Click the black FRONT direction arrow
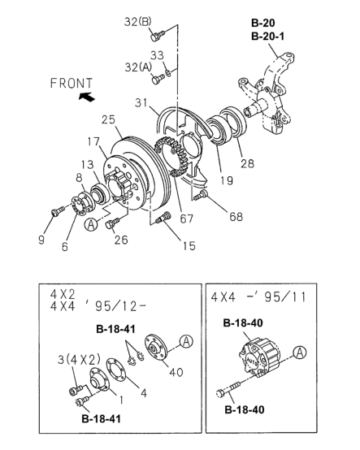[87, 97]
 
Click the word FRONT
[72, 83]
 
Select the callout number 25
[108, 119]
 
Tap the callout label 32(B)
[138, 22]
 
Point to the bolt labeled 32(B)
[158, 36]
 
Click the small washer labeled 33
[168, 73]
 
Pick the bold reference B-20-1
[267, 37]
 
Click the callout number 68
[236, 217]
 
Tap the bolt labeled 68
[200, 196]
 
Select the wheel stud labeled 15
[163, 217]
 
